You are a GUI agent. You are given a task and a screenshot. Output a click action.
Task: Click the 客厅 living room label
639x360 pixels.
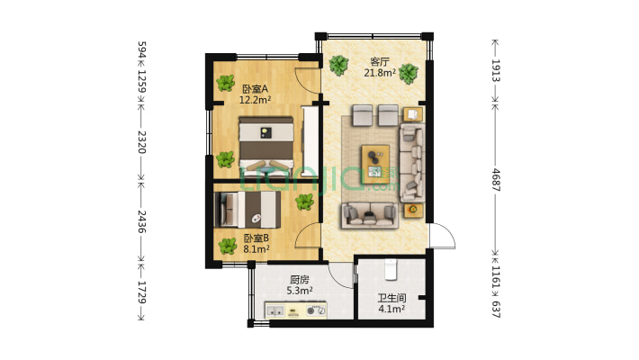tap(380, 62)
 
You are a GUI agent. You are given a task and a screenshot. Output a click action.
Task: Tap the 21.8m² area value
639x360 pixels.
tap(380, 73)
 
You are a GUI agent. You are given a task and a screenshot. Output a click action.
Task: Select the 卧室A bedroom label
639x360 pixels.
tap(255, 89)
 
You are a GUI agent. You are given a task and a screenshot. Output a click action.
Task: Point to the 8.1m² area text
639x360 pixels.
tap(256, 248)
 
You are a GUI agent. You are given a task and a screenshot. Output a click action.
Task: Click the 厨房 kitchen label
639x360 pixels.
tap(300, 280)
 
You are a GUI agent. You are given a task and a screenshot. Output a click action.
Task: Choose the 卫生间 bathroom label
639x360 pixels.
tap(391, 299)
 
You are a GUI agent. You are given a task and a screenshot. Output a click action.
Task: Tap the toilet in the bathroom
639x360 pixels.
tap(391, 269)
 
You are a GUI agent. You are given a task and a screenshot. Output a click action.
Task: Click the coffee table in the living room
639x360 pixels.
tap(375, 164)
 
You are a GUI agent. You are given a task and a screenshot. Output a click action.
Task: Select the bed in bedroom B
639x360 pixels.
tap(247, 210)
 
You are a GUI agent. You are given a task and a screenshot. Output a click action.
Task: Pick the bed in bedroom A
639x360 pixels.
tap(265, 145)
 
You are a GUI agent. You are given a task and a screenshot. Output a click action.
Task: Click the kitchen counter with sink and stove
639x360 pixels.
tap(295, 310)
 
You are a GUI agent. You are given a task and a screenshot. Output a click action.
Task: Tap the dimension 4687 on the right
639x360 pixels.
tap(496, 180)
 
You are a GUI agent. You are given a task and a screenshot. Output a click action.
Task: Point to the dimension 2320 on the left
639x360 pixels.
tap(141, 142)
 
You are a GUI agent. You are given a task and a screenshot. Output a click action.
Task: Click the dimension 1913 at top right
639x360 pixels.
tap(496, 70)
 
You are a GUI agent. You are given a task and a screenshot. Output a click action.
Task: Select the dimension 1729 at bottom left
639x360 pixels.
tap(141, 292)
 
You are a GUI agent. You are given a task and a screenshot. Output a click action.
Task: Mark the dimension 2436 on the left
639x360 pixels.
tap(141, 221)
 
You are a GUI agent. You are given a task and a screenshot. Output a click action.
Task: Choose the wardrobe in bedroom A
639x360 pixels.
tap(310, 141)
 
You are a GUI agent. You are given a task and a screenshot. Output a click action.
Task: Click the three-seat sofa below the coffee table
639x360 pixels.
tap(370, 215)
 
